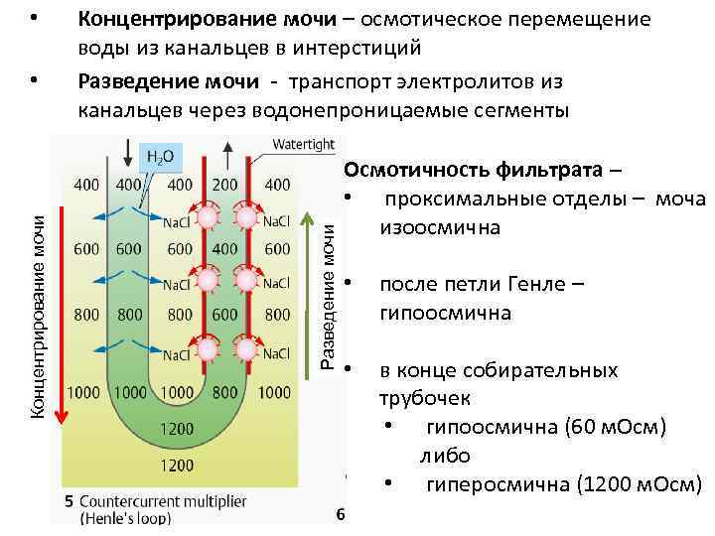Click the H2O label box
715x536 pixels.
pos(160,156)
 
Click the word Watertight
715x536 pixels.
pos(303,144)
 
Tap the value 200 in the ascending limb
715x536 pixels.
pos(225,184)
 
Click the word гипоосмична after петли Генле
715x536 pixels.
pos(445,314)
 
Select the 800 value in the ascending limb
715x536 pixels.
pos(225,392)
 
